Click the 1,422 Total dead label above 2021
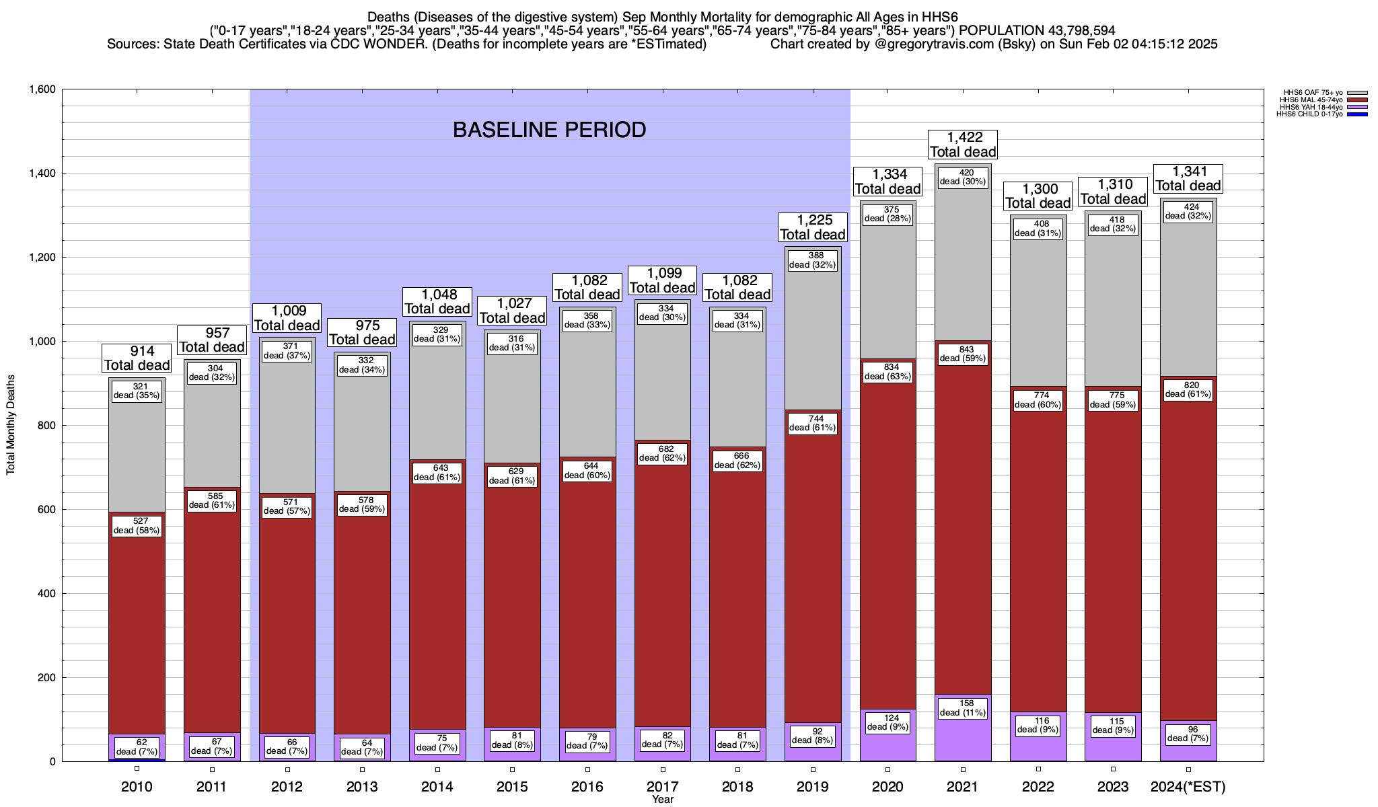pos(963,145)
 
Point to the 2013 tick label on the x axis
pos(362,787)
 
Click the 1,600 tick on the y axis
pos(42,89)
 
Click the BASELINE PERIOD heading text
pos(549,130)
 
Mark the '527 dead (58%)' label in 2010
pos(137,526)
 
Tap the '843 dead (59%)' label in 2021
pos(963,354)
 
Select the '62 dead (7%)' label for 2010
pos(137,747)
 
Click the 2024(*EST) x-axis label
pos(1188,787)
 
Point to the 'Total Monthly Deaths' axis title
pos(11,425)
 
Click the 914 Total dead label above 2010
pos(137,358)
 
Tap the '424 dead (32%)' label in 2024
pos(1188,211)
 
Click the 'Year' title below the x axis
pos(663,800)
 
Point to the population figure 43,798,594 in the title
pos(1072,30)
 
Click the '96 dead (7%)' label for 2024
pos(1188,733)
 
